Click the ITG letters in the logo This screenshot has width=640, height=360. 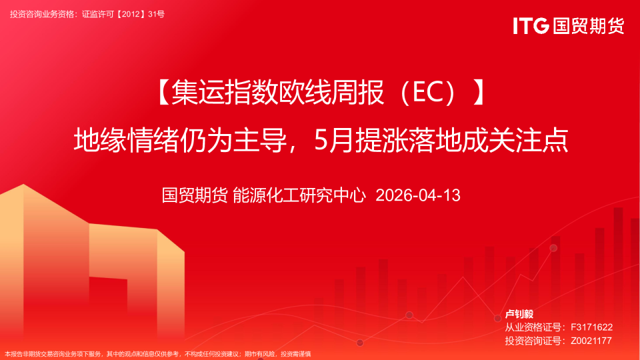531,26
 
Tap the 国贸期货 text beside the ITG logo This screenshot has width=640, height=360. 588,26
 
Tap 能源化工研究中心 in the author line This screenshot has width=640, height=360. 299,195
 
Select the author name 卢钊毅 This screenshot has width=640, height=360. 519,314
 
